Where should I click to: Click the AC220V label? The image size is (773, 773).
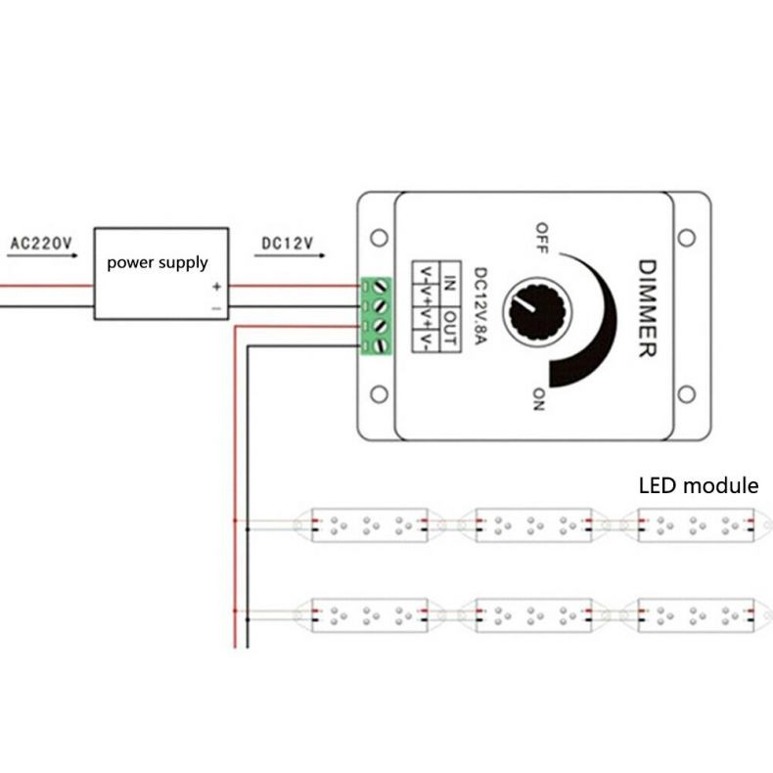tap(41, 243)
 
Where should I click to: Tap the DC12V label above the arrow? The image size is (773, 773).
tap(288, 243)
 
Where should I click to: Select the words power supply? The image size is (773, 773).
tap(158, 263)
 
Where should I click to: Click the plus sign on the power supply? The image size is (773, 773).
tap(217, 287)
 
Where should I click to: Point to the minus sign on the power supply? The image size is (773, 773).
tap(217, 308)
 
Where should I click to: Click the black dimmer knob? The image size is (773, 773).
tap(537, 311)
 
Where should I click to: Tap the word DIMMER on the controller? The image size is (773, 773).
tap(648, 308)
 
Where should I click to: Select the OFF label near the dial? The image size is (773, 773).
tap(542, 238)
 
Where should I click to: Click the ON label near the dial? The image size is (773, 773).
tap(539, 399)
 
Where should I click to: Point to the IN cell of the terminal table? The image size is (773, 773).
tap(449, 284)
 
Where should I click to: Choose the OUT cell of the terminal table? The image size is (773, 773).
tap(449, 329)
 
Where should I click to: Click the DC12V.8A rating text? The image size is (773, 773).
tap(480, 306)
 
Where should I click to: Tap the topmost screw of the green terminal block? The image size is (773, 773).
tap(381, 287)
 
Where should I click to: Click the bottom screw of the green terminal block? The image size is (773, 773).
tap(381, 346)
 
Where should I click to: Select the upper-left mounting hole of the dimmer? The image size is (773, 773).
tap(379, 238)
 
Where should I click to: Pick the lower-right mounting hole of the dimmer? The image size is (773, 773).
tap(686, 394)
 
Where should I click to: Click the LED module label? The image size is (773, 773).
tap(699, 485)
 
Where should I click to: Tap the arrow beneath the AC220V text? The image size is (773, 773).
tap(42, 255)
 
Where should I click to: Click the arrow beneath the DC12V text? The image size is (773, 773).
tap(290, 255)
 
